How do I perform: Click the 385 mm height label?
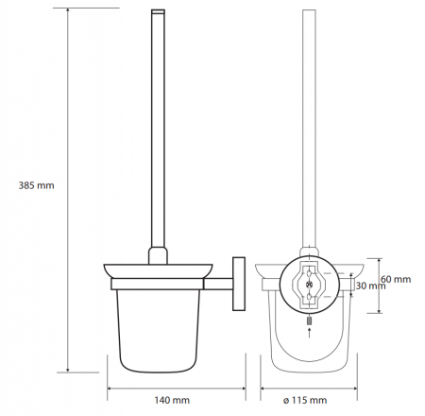(x=36, y=185)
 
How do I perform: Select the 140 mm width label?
(x=172, y=400)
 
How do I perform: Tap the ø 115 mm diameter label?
(x=305, y=400)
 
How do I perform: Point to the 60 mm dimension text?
(x=396, y=279)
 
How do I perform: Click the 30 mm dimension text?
(x=370, y=286)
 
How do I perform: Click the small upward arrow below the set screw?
(x=310, y=333)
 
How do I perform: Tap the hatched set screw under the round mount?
(x=310, y=321)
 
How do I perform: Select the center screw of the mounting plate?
(x=309, y=285)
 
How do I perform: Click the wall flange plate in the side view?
(x=239, y=284)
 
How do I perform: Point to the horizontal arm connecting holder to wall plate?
(x=218, y=284)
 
